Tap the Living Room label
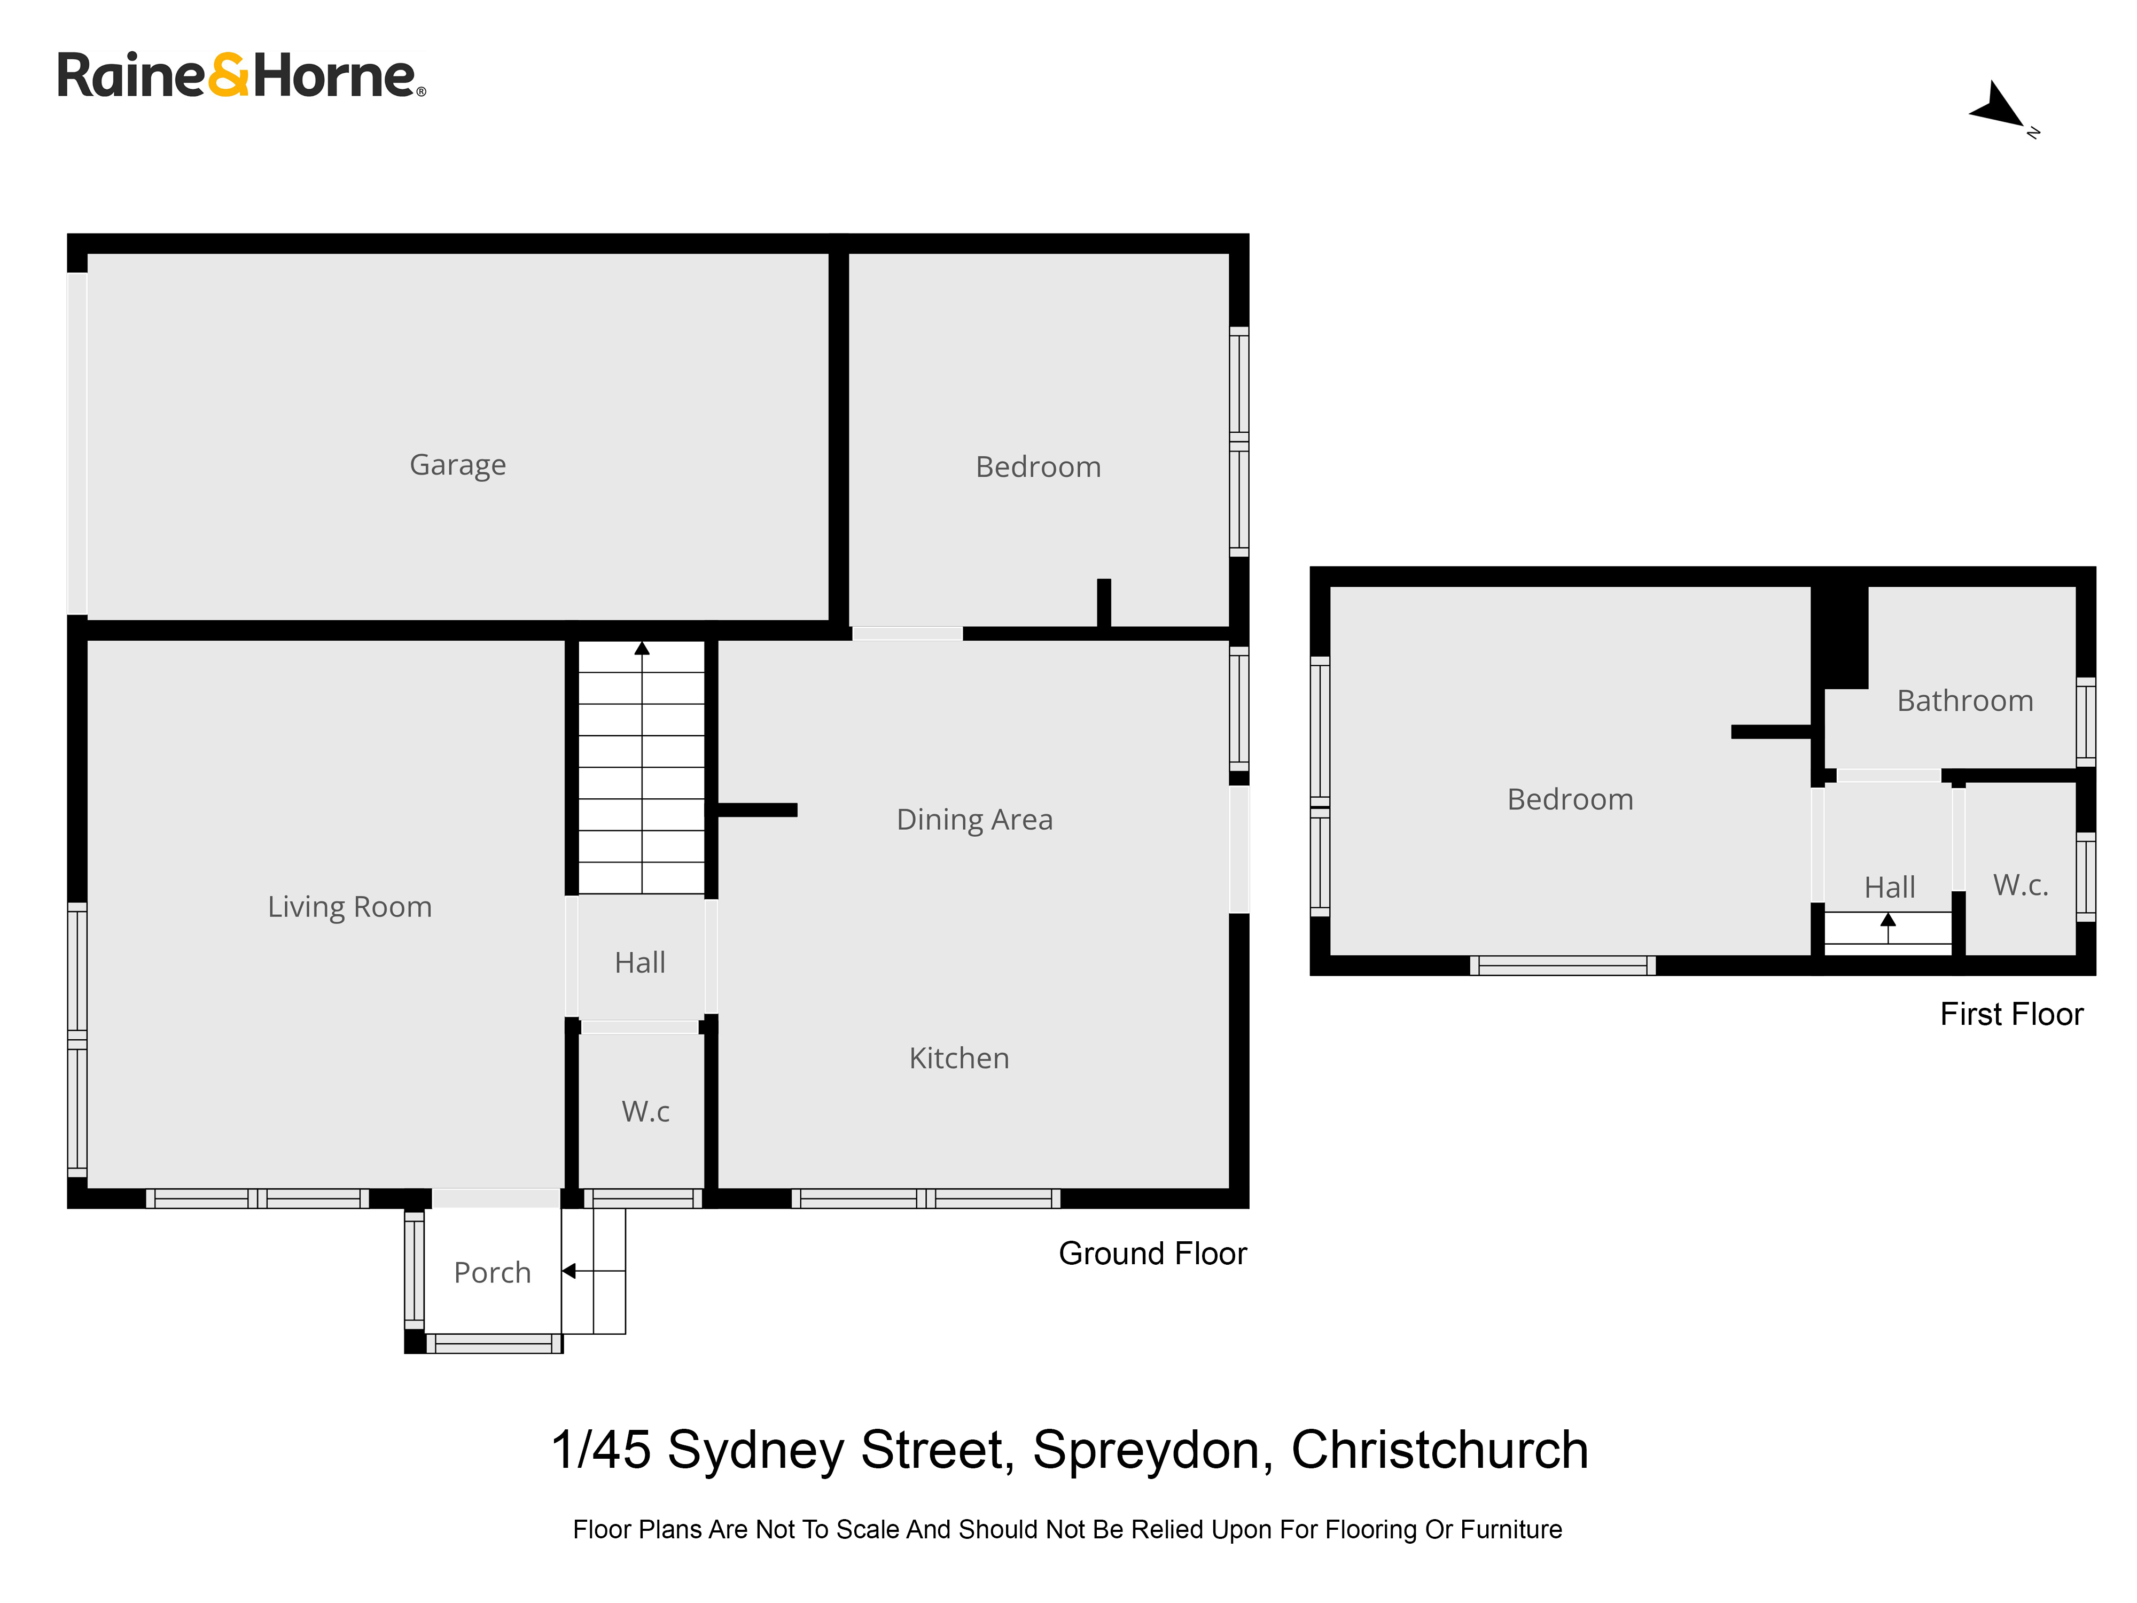tap(350, 907)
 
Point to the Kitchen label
tap(960, 1058)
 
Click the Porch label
tap(493, 1273)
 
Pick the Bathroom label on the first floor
tap(1965, 701)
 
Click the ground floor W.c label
tap(645, 1111)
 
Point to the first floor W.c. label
tap(2021, 884)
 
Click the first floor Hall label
tap(1890, 887)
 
